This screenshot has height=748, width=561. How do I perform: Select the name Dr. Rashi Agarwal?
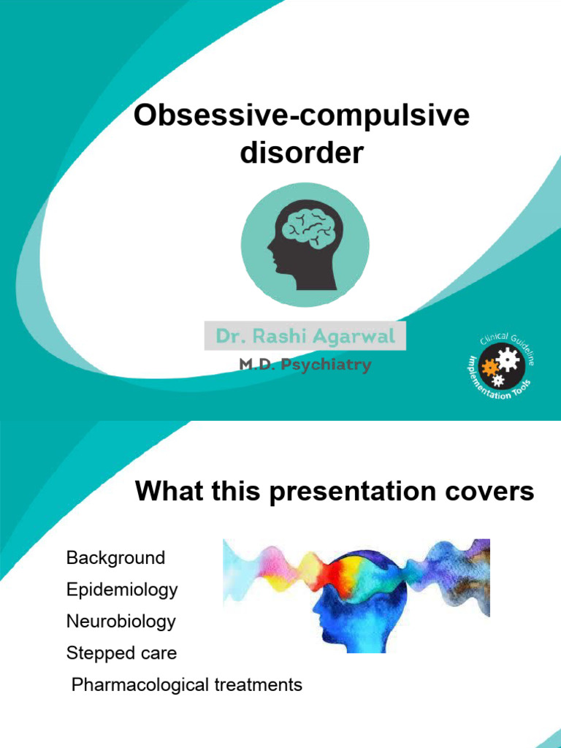305,337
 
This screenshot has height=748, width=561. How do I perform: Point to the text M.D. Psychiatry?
305,365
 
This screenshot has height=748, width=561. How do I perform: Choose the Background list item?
115,558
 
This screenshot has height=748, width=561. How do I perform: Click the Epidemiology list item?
122,589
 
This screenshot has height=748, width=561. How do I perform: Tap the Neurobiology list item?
121,622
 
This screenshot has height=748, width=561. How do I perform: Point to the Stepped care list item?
121,653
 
